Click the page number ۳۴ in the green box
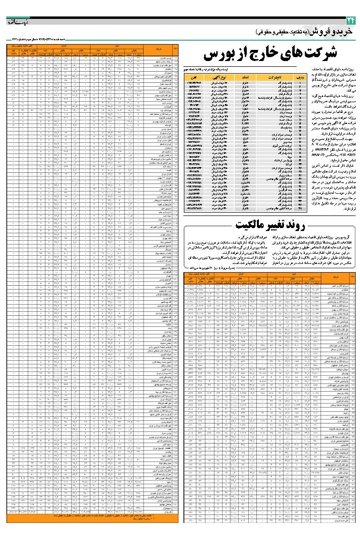(x=350, y=21)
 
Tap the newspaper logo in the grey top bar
(x=19, y=21)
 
